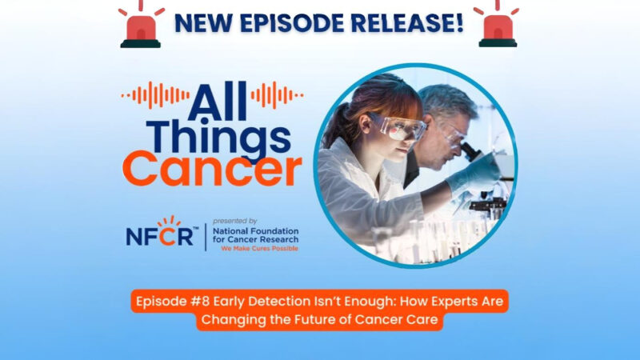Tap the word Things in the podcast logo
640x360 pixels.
(211, 135)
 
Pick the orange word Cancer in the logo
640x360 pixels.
(211, 169)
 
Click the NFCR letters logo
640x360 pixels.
(159, 237)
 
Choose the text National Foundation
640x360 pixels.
(255, 230)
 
